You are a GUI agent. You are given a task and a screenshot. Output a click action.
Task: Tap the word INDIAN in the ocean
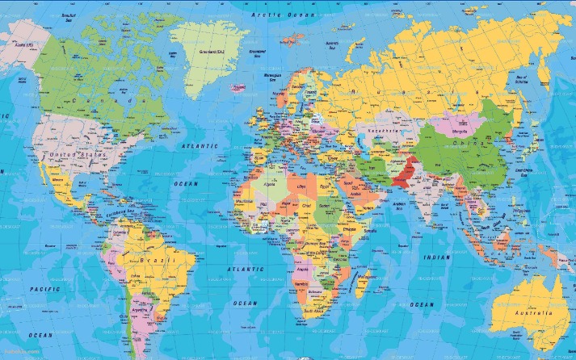pos(437,257)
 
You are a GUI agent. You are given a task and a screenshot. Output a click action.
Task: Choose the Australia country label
pos(529,312)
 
